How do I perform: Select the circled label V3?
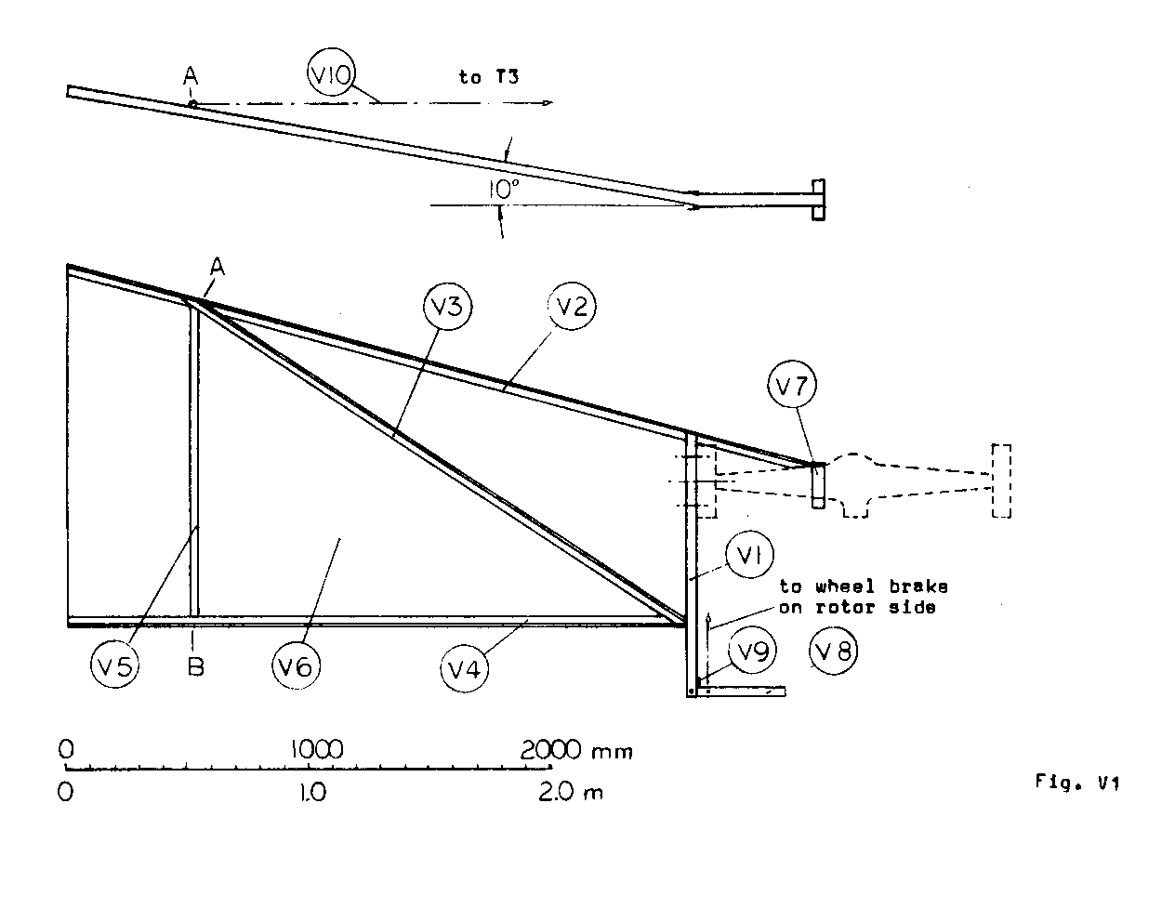coord(447,308)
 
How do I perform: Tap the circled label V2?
coord(572,308)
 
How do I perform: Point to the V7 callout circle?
coord(792,388)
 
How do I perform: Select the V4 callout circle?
coord(465,667)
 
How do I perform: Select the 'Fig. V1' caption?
coord(1077,783)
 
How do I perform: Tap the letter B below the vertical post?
coord(194,666)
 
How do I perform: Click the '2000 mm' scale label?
coord(575,750)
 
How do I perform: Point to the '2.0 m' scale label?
coord(568,793)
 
